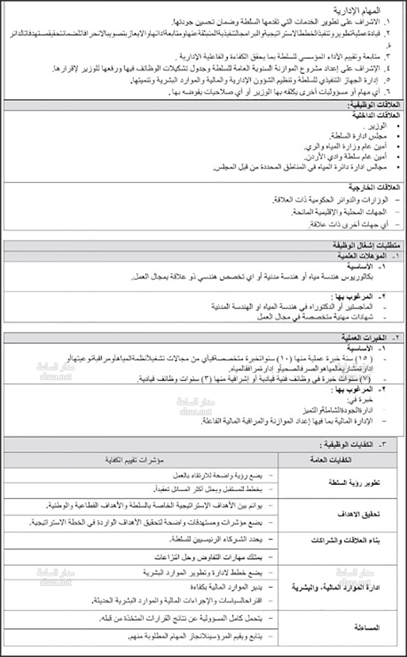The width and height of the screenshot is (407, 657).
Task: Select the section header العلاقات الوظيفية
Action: [x=373, y=105]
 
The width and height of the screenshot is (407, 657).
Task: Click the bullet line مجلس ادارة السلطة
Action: [x=358, y=136]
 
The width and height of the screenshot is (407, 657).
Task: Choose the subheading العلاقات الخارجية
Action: [x=374, y=187]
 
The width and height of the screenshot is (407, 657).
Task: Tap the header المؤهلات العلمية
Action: [x=362, y=256]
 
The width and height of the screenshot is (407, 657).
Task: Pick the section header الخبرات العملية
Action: [x=364, y=338]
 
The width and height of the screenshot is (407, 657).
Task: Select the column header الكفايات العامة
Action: [x=330, y=460]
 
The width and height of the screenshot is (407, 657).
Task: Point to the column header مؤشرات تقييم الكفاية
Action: [x=134, y=460]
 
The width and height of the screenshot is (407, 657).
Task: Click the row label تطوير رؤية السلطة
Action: [x=354, y=483]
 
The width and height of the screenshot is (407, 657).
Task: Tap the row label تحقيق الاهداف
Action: [x=358, y=514]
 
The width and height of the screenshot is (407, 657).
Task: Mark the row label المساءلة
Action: [x=366, y=628]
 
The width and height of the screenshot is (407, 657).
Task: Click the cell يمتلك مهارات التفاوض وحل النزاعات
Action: [x=208, y=557]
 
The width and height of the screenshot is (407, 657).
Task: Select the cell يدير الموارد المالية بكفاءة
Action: [x=226, y=587]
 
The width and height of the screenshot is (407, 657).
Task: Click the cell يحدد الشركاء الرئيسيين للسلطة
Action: [x=216, y=539]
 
